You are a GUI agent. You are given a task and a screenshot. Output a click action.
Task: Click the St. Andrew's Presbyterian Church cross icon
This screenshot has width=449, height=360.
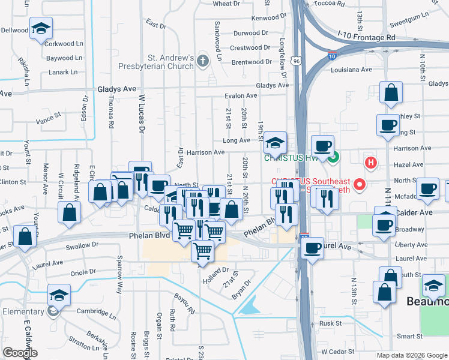pos(203,61)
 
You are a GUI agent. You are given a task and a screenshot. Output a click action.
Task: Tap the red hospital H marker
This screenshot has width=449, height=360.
pos(372,162)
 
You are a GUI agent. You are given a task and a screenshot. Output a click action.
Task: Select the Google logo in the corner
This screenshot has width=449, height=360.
pos(19,353)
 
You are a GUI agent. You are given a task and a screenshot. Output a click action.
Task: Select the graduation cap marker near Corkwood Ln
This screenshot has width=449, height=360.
pos(41,28)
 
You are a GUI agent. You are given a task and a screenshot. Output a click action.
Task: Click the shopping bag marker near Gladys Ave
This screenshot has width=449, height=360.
pos(391,93)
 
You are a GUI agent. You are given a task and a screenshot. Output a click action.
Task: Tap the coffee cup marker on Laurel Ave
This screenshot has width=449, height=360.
pos(312,247)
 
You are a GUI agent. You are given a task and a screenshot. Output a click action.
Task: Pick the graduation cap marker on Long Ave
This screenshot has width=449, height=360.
pos(275,143)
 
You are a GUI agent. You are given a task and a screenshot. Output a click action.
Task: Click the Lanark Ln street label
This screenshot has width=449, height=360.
pos(63,72)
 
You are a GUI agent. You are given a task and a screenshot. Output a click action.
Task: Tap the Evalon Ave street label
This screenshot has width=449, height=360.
pos(241,96)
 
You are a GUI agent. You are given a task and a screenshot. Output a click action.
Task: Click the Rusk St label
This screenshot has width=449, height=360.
pos(330,323)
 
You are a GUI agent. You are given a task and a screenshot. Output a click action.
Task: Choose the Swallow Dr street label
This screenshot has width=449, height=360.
pos(82,246)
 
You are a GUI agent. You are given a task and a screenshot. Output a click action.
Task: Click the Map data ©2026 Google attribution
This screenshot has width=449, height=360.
pos(411,355)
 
